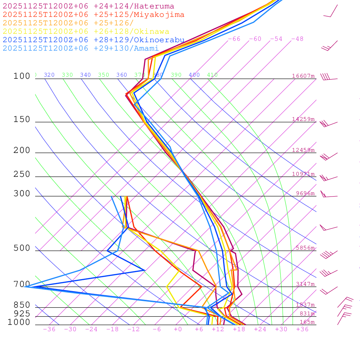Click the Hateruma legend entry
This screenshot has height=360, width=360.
88,6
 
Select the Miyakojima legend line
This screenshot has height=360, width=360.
94,15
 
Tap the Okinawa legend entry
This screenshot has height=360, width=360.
86,32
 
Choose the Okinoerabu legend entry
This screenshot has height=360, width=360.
94,40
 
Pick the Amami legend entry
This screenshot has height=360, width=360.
81,49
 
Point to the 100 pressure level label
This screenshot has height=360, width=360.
22,76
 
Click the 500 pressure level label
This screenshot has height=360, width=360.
22,249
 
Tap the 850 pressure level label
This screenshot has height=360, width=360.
22,305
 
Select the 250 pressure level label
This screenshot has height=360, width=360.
22,174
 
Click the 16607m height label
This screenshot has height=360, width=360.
303,76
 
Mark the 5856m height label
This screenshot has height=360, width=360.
305,248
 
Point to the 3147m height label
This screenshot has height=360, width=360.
305,284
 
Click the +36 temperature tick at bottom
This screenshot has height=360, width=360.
302,329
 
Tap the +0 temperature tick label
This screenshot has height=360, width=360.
178,329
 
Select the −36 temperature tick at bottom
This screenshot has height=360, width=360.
49,329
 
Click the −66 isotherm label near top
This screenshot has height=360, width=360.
234,39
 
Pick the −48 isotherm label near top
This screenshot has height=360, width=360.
297,39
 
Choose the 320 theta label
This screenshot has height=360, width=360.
49,75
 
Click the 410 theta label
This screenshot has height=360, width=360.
212,75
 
